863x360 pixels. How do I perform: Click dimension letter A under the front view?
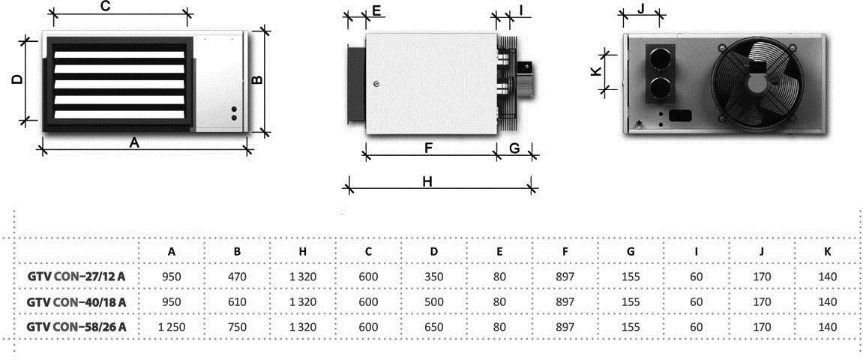(x=133, y=143)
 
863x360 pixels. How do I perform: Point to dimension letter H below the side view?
(x=427, y=182)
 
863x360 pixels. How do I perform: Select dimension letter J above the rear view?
(x=640, y=9)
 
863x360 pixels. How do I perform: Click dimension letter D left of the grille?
(x=17, y=79)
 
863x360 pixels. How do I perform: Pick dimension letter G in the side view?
(x=514, y=148)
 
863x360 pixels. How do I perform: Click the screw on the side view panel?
(x=376, y=84)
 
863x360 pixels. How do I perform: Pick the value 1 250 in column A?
(x=172, y=327)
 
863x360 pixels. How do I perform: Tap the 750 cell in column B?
(x=237, y=327)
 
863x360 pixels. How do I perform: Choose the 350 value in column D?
(x=434, y=276)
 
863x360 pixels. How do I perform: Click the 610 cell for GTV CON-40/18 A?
(x=237, y=301)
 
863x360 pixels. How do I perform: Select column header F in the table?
(x=565, y=251)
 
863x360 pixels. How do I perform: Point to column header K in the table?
(x=828, y=251)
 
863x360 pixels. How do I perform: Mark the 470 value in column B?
(x=237, y=276)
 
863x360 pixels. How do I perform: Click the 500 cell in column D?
(x=434, y=301)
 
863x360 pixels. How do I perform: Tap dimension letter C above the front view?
(x=106, y=7)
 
